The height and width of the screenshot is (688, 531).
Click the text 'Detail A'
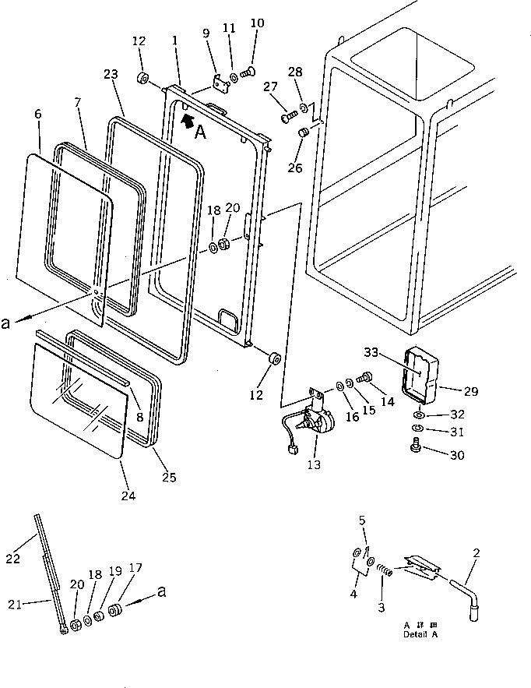420,633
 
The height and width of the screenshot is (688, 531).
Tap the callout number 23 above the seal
111,75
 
